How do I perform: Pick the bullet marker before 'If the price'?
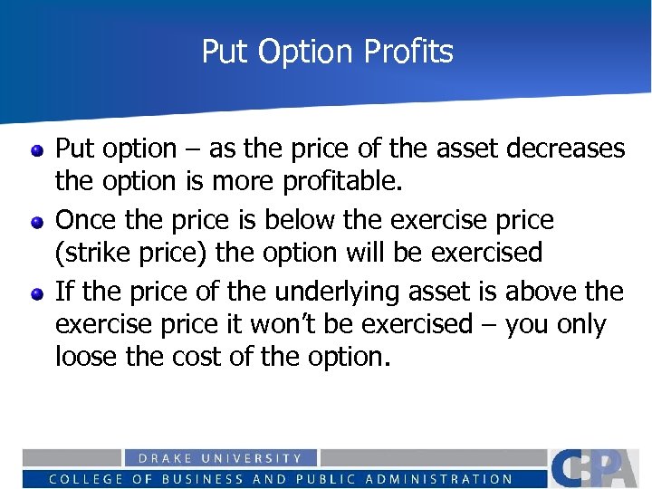(37, 293)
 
